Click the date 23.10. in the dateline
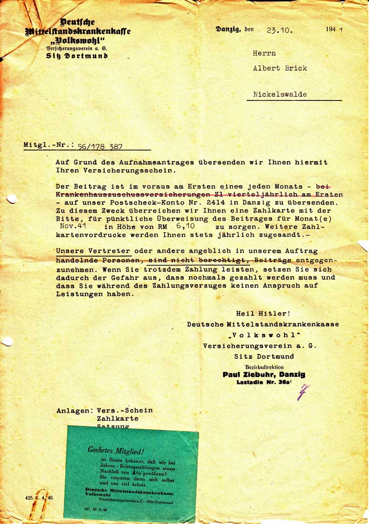point(280,31)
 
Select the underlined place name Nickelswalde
point(280,94)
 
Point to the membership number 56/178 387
point(100,146)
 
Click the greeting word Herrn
point(264,53)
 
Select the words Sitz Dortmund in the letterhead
point(77,56)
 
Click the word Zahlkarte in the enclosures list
point(117,418)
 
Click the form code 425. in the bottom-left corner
point(30,497)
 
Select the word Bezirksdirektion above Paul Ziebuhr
point(264,367)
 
